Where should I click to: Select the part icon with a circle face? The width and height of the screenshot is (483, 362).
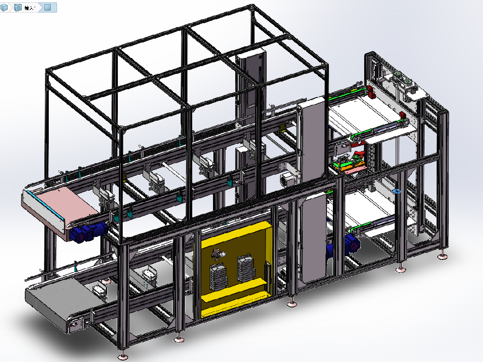tap(18, 8)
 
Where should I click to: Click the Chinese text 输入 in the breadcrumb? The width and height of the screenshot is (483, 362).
tap(29, 8)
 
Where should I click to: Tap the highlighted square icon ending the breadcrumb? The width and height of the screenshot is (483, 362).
tap(48, 8)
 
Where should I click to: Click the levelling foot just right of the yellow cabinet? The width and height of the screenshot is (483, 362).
tap(291, 304)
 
